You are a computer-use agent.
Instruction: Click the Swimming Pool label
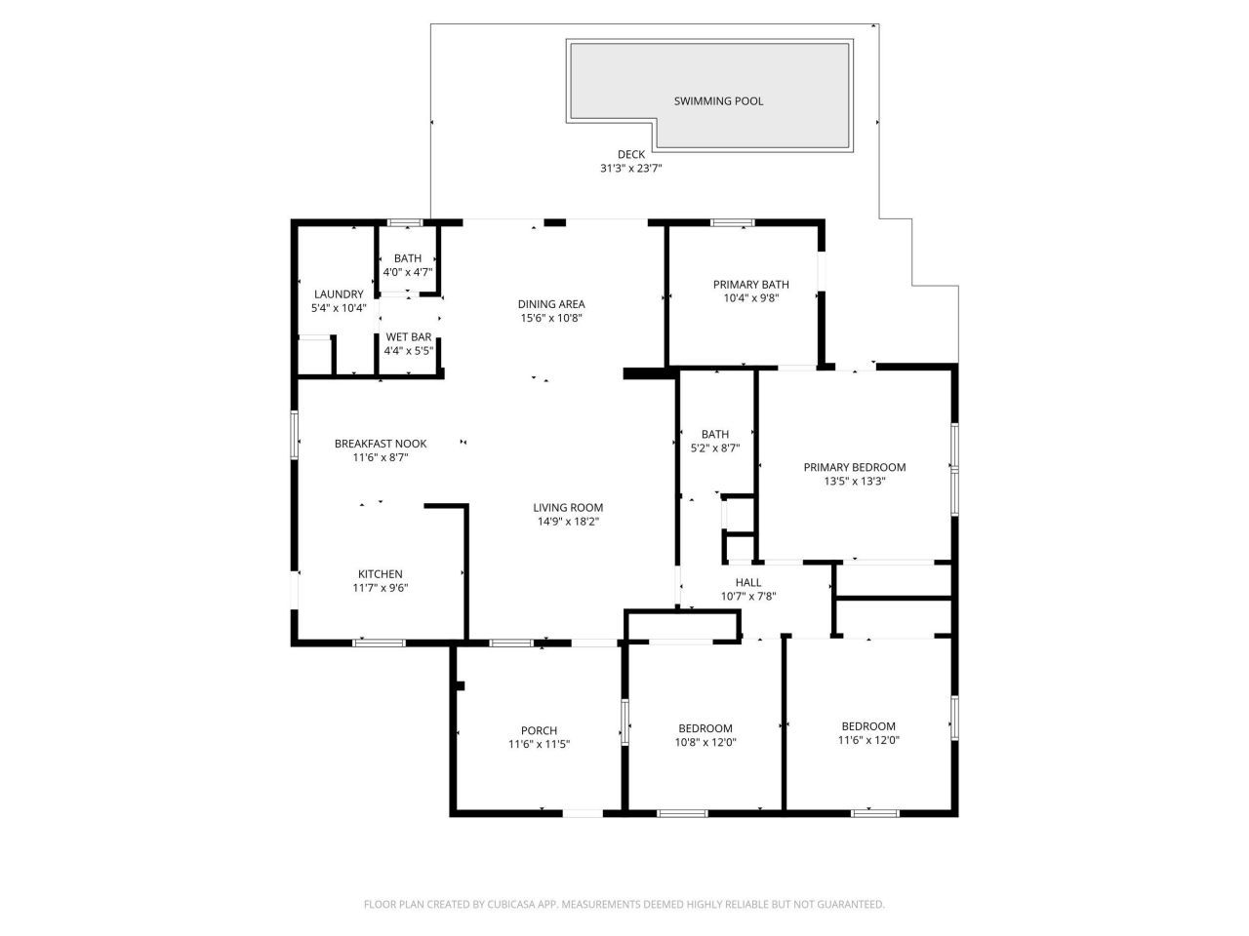click(x=718, y=101)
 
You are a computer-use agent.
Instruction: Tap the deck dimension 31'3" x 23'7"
click(x=630, y=168)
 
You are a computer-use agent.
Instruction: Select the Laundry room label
click(x=339, y=294)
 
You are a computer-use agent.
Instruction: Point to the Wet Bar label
click(x=408, y=337)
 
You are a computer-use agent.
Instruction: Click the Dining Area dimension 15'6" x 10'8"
click(x=551, y=318)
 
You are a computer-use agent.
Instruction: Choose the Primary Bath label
click(x=750, y=285)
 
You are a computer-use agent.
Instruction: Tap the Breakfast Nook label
click(x=381, y=444)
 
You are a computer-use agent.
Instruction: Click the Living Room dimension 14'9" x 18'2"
click(x=568, y=522)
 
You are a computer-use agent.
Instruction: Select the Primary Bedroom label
click(x=854, y=468)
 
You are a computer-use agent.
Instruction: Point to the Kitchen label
click(x=380, y=574)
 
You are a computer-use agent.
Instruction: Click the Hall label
click(x=748, y=583)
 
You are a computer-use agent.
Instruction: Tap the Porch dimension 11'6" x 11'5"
click(x=539, y=744)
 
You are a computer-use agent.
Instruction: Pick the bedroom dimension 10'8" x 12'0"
click(x=705, y=742)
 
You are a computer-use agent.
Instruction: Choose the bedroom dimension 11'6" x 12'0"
click(x=868, y=740)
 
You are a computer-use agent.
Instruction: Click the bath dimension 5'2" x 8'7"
click(x=715, y=448)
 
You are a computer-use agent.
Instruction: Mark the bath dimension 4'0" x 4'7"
click(x=408, y=272)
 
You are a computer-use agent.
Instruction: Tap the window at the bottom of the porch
click(x=583, y=812)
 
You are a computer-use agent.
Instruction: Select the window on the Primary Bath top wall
click(x=732, y=223)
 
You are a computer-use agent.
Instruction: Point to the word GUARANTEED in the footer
click(x=851, y=905)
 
